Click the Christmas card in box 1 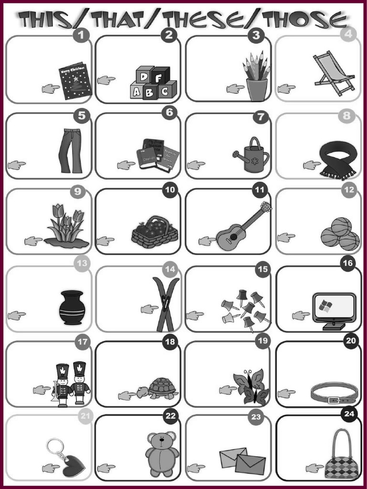pos(75,80)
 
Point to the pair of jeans pos(70,150)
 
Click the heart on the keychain pos(74,465)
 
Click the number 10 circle pos(170,190)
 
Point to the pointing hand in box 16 pos(301,315)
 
